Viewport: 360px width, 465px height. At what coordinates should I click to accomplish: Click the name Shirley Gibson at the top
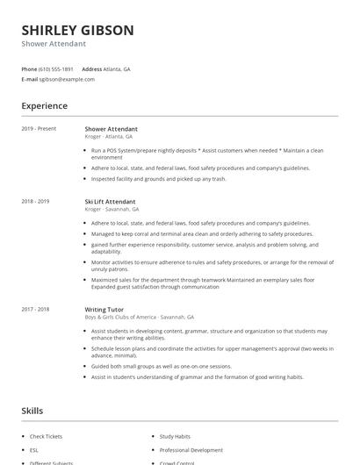pos(77,30)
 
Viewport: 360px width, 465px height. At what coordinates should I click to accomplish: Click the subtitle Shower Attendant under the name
pos(54,44)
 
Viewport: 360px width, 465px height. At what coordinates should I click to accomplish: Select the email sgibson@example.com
pos(67,79)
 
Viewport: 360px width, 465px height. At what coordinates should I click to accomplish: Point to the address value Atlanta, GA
pos(118,68)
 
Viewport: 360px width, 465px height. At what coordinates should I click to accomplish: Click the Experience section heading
pos(44,106)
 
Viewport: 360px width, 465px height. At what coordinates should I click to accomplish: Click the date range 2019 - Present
pos(39,129)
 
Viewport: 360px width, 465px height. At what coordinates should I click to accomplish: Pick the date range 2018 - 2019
pos(37,202)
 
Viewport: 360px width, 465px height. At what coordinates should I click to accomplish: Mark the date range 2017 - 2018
pos(37,309)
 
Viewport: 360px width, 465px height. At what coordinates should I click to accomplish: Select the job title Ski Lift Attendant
pos(110,202)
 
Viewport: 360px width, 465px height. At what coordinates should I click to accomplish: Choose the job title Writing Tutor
pos(103,309)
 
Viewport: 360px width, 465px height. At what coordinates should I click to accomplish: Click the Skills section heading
pos(32,410)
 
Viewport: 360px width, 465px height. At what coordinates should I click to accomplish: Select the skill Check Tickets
pos(46,436)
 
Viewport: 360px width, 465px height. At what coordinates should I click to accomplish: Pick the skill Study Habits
pos(175,436)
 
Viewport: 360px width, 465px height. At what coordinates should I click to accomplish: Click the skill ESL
pos(34,449)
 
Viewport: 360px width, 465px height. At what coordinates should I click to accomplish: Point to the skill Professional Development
pos(191,449)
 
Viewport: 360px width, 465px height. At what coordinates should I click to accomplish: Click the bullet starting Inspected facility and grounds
pos(158,178)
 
